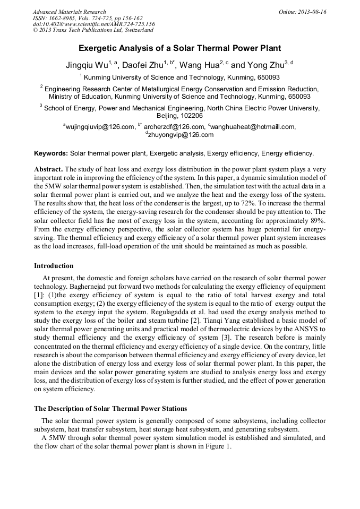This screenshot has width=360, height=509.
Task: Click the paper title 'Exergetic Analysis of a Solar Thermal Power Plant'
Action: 179,48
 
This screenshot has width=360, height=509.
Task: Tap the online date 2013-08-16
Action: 303,12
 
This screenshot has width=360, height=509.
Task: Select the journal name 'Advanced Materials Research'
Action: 69,12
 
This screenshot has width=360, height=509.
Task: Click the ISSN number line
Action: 87,18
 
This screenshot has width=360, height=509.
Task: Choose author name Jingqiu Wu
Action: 85,66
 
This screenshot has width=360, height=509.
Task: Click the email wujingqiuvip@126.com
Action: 100,127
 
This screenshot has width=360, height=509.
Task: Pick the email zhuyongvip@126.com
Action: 181,135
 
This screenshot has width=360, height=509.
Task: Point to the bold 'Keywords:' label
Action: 51,153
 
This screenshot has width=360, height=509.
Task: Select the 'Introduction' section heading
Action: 54,266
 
